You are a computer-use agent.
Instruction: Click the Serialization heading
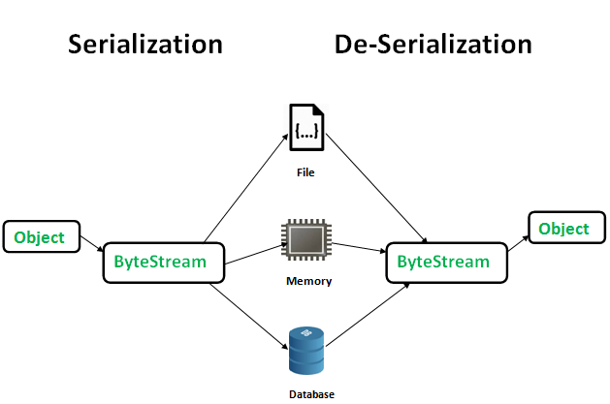(x=145, y=45)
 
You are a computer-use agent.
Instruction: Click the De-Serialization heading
(x=433, y=45)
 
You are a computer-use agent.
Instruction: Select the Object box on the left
(x=40, y=237)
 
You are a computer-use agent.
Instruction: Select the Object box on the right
(x=563, y=229)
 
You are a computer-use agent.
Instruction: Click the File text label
(x=306, y=173)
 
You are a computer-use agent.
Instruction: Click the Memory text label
(x=308, y=282)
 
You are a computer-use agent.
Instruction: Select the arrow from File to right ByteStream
(x=378, y=189)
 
